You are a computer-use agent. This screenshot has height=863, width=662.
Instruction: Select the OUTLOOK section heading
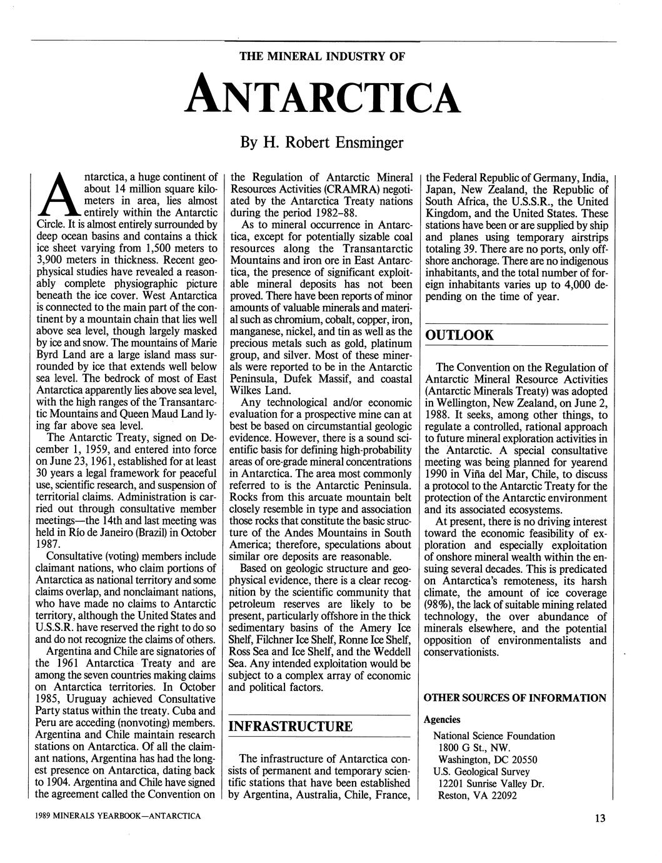coord(459,335)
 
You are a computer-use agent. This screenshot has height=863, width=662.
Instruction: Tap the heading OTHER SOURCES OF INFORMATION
coord(515,698)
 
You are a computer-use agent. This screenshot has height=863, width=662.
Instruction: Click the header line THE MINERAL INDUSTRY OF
coord(323,56)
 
